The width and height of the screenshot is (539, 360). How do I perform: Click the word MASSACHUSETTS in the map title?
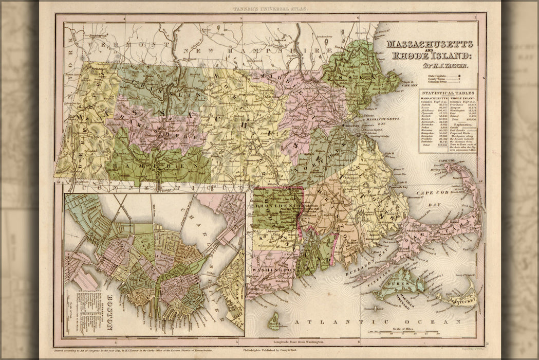tap(430, 45)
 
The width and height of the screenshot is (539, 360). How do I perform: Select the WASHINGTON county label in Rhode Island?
tap(272, 269)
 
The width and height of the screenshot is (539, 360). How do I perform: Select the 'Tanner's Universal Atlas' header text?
tap(269, 9)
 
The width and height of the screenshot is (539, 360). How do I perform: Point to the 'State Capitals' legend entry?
tap(438, 76)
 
